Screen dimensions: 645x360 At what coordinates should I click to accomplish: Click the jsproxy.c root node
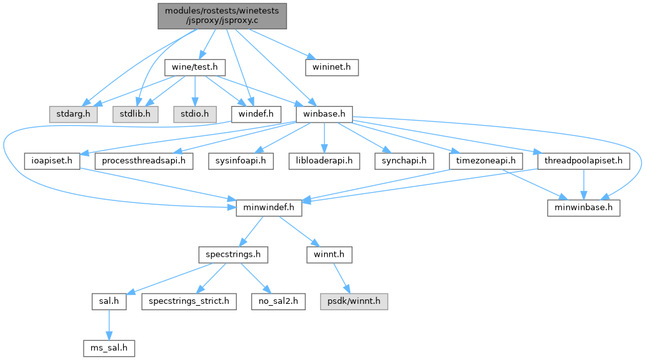(222, 16)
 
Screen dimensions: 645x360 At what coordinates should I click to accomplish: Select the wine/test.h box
(195, 67)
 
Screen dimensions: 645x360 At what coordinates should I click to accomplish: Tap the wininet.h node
(332, 67)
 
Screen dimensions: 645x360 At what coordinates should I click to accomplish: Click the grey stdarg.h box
(73, 114)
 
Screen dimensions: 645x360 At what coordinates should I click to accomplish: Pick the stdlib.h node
(135, 114)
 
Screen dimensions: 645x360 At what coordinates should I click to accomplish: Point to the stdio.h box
(195, 114)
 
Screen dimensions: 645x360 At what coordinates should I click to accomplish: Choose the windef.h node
(256, 114)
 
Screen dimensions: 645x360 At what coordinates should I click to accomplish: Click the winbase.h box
(324, 114)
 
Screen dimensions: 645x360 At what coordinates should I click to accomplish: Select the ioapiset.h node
(52, 161)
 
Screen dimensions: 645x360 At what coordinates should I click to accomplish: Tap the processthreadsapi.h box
(144, 161)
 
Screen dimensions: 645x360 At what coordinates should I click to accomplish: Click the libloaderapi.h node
(324, 161)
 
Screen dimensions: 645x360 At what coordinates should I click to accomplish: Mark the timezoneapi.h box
(486, 161)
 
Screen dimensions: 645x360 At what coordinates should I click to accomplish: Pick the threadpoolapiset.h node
(583, 161)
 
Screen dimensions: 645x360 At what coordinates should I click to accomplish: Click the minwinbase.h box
(583, 207)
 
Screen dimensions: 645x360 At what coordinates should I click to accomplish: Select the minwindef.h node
(269, 207)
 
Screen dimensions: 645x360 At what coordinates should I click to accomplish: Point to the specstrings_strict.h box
(189, 301)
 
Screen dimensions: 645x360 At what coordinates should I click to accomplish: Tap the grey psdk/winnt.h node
(354, 301)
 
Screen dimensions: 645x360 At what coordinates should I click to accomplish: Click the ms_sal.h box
(109, 348)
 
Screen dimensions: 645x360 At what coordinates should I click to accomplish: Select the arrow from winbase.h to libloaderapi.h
(324, 138)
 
